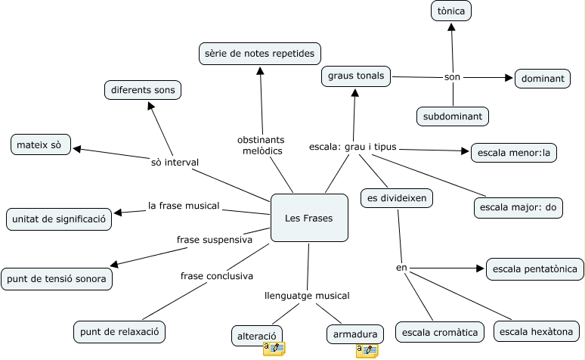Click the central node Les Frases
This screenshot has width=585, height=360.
click(309, 219)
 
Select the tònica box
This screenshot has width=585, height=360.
click(451, 11)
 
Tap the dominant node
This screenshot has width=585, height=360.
click(542, 78)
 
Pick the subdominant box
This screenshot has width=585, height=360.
click(453, 116)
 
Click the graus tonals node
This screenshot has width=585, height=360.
click(356, 76)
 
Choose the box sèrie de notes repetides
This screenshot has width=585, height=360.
click(260, 54)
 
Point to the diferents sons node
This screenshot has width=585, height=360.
click(143, 90)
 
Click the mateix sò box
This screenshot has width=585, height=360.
click(41, 144)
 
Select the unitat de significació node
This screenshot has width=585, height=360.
click(59, 219)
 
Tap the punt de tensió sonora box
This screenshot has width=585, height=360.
click(57, 278)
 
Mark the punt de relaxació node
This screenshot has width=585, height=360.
click(119, 331)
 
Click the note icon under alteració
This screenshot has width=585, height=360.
click(274, 349)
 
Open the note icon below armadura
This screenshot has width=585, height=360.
click(367, 350)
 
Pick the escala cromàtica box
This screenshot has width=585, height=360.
click(440, 332)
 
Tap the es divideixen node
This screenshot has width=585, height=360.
click(396, 198)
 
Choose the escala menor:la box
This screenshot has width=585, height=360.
click(513, 152)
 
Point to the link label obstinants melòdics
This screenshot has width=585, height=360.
click(260, 146)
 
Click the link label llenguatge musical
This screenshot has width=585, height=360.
click(307, 295)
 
